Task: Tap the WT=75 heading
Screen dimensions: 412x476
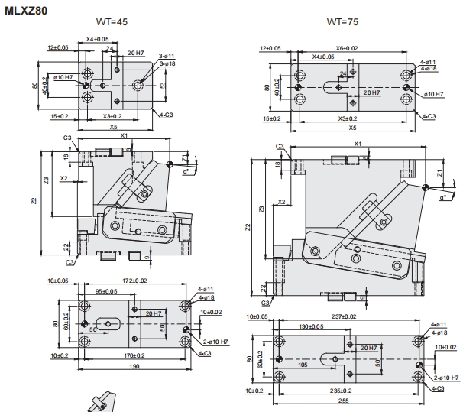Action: coord(342,21)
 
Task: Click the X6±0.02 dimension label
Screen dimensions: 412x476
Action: coord(347,47)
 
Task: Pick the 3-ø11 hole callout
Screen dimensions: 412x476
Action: coord(167,56)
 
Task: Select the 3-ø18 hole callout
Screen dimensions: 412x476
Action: coord(167,63)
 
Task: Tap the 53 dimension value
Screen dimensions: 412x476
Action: coord(162,85)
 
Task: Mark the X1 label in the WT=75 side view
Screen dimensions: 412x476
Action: coord(357,144)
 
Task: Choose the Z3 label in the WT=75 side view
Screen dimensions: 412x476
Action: coord(262,209)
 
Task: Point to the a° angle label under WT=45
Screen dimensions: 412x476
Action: coord(186,172)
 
